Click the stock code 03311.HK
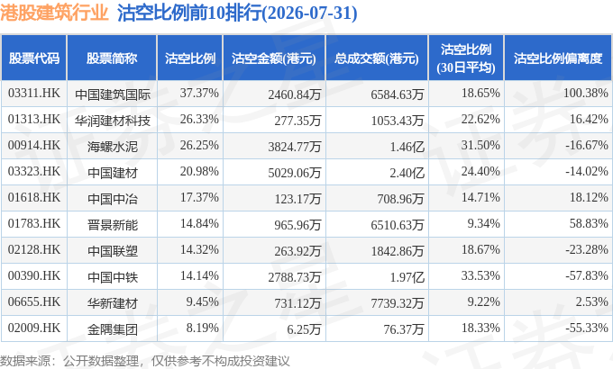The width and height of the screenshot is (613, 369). point(34,94)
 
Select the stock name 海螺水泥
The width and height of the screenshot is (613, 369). point(113,147)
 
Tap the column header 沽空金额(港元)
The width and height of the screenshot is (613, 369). point(274,58)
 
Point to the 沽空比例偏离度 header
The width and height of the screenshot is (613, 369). point(558,58)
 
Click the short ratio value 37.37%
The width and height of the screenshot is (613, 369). point(199,94)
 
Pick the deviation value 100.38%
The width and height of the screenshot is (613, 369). point(586,94)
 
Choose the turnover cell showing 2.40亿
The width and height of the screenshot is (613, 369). point(407,173)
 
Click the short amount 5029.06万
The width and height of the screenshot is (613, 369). point(295,173)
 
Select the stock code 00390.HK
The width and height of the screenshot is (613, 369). point(34,276)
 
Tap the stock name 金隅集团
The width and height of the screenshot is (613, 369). point(113,329)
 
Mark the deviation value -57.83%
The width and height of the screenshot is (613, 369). point(587,276)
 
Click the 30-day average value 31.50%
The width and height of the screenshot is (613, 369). point(480,146)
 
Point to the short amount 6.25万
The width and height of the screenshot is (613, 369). point(304,329)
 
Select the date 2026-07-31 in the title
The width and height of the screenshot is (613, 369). point(310,13)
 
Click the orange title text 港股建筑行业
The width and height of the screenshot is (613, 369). point(54,13)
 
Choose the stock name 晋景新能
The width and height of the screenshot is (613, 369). point(113,225)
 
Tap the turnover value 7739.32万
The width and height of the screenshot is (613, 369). point(398,303)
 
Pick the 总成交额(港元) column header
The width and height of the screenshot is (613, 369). point(377,58)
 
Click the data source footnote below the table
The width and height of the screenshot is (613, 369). point(145,361)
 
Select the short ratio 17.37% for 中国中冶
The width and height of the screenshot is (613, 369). point(199,198)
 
